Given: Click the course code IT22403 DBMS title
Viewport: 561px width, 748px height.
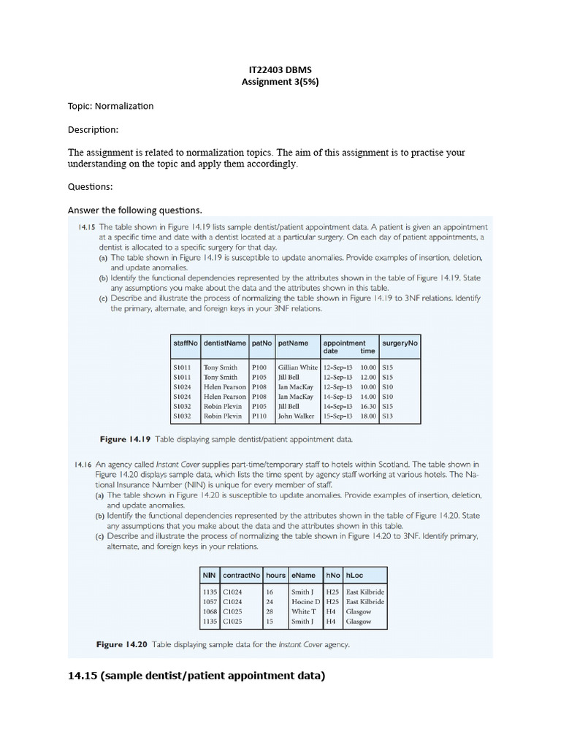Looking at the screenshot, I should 280,69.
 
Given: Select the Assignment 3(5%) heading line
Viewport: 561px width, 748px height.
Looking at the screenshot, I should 280,82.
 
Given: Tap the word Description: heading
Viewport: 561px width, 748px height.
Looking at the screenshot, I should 93,129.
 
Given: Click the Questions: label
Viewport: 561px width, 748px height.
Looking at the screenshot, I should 91,186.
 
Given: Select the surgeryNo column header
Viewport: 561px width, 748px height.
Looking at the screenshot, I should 400,343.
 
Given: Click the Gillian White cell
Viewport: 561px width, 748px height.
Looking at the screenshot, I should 297,367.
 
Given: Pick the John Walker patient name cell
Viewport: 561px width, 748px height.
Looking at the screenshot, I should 296,416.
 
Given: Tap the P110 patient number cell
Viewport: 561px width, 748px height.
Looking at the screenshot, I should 259,416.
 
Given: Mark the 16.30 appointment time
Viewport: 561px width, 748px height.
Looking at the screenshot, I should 367,406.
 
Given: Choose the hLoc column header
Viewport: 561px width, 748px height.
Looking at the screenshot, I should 354,575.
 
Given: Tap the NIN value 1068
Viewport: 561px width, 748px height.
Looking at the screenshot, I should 210,611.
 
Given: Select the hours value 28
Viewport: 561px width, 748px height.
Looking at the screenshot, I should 270,611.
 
